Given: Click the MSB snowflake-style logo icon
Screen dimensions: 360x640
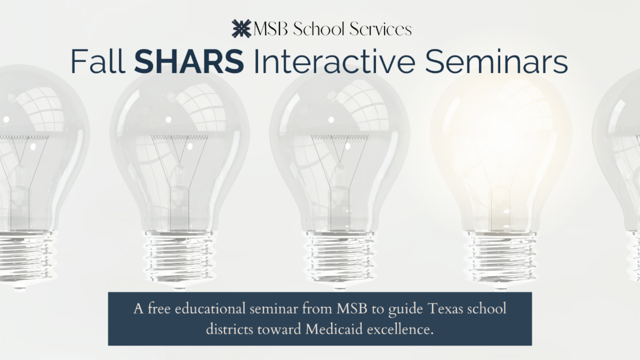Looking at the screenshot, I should coord(241,28).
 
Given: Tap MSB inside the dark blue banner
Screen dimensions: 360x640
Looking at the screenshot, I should coord(363,310).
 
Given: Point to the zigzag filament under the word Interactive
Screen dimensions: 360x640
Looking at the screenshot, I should coord(339,137).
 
